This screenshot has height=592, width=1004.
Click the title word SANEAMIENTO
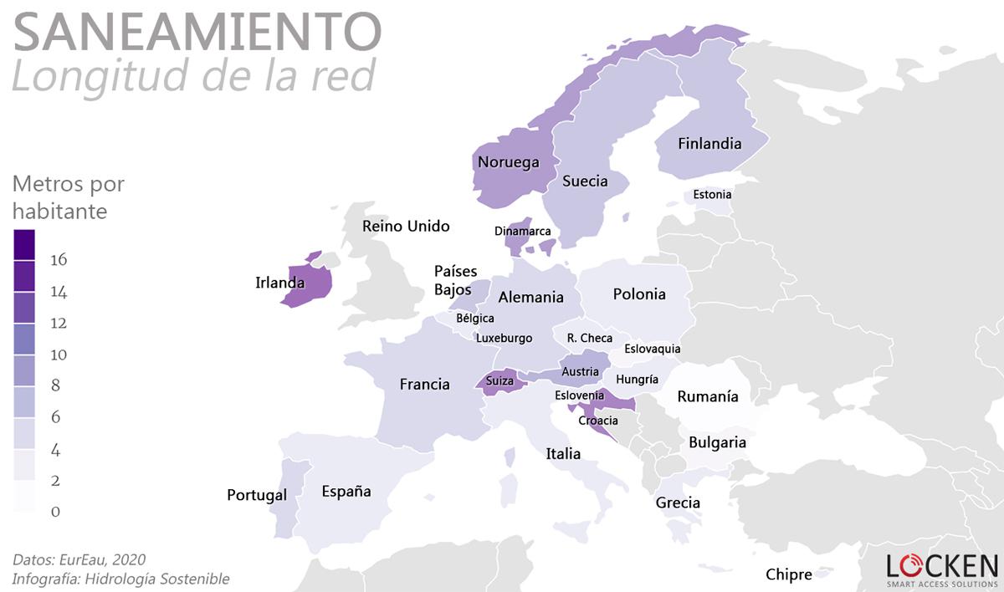point(197,31)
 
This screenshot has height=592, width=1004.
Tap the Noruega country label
point(508,162)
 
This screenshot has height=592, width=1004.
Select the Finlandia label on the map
point(709,144)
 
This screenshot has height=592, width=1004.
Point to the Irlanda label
point(279,283)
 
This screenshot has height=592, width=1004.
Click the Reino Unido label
point(406,226)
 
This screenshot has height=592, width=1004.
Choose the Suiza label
point(499,381)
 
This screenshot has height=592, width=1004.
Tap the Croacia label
point(598,420)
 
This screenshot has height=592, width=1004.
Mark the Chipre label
point(788,574)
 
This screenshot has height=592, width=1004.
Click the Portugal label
point(257,495)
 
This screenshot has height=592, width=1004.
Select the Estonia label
point(712,195)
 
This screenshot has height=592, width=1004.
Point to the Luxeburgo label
point(504,338)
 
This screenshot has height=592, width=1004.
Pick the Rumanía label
point(708,396)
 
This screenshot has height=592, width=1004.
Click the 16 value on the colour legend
point(59,260)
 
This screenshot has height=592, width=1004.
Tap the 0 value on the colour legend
point(55,512)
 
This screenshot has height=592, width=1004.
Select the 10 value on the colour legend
point(59,355)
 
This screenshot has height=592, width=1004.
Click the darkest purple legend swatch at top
point(25,244)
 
